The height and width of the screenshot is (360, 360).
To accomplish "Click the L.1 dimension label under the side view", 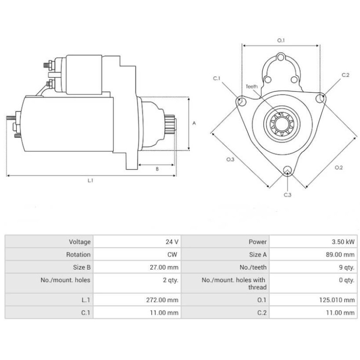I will (x=90, y=180).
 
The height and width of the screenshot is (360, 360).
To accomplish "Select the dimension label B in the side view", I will (x=157, y=169).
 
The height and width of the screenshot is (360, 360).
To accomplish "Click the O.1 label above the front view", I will (x=281, y=40).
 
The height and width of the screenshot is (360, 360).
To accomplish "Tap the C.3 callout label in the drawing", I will (x=288, y=195).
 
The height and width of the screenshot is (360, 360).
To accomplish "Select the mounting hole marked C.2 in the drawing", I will (x=321, y=98).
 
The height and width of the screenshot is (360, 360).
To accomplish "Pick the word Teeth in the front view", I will (x=252, y=86).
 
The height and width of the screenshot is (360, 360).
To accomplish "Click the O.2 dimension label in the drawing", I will (x=338, y=168).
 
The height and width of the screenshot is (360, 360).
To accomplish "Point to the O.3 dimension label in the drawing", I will (x=230, y=160).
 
